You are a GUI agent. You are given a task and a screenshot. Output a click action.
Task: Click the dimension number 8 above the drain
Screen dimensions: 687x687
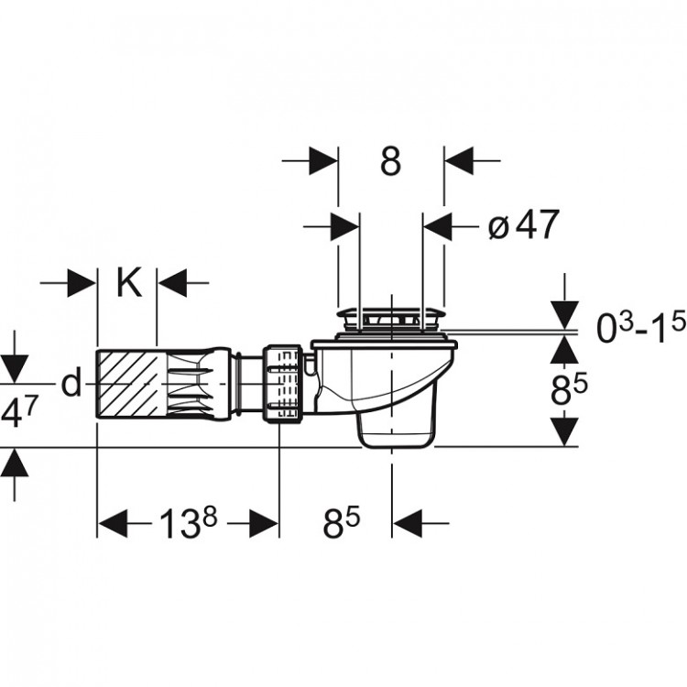pyautogui.click(x=390, y=161)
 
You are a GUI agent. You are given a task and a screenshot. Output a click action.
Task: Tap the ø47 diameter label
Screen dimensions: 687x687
pyautogui.click(x=524, y=224)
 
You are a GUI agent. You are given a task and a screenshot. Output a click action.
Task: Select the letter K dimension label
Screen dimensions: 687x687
pyautogui.click(x=129, y=283)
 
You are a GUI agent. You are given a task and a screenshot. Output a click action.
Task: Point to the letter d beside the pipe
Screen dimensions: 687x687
pyautogui.click(x=71, y=382)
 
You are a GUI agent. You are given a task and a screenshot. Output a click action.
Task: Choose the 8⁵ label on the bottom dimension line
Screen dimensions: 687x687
pyautogui.click(x=342, y=523)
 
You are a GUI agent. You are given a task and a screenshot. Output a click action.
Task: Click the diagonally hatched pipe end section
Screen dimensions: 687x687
pyautogui.click(x=127, y=385)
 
